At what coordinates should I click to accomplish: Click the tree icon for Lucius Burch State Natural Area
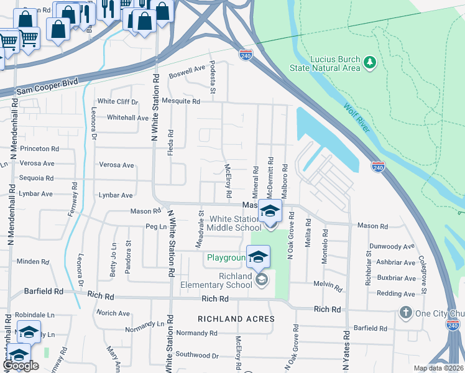click(x=371, y=62)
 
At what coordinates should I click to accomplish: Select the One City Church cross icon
click(x=406, y=312)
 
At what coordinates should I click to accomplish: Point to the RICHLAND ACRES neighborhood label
click(x=236, y=319)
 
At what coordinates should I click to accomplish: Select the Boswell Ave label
click(x=187, y=76)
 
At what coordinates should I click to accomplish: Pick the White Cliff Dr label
click(x=117, y=101)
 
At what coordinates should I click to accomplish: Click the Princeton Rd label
click(x=39, y=149)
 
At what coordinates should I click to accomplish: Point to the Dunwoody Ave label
click(x=392, y=246)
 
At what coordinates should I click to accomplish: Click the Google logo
click(x=21, y=366)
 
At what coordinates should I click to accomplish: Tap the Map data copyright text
click(x=438, y=368)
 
